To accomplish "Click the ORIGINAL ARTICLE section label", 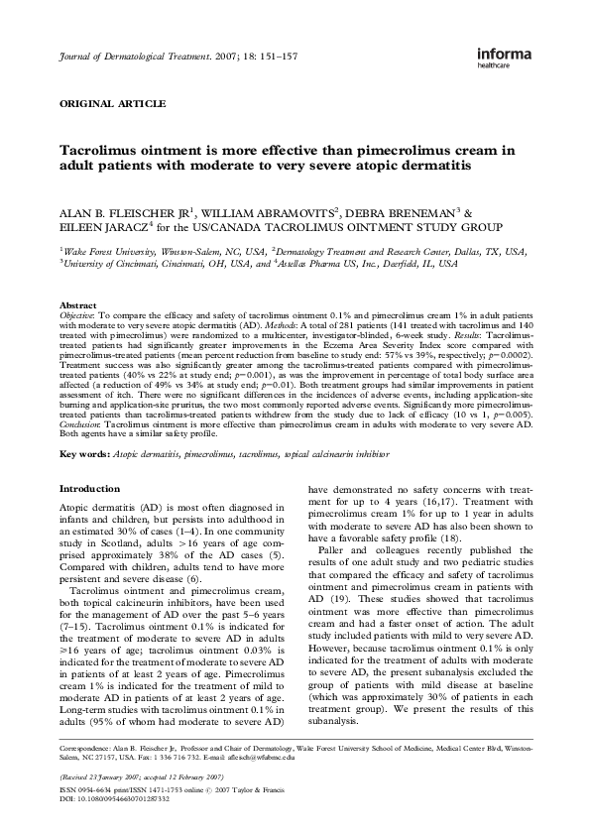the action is [113, 103].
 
